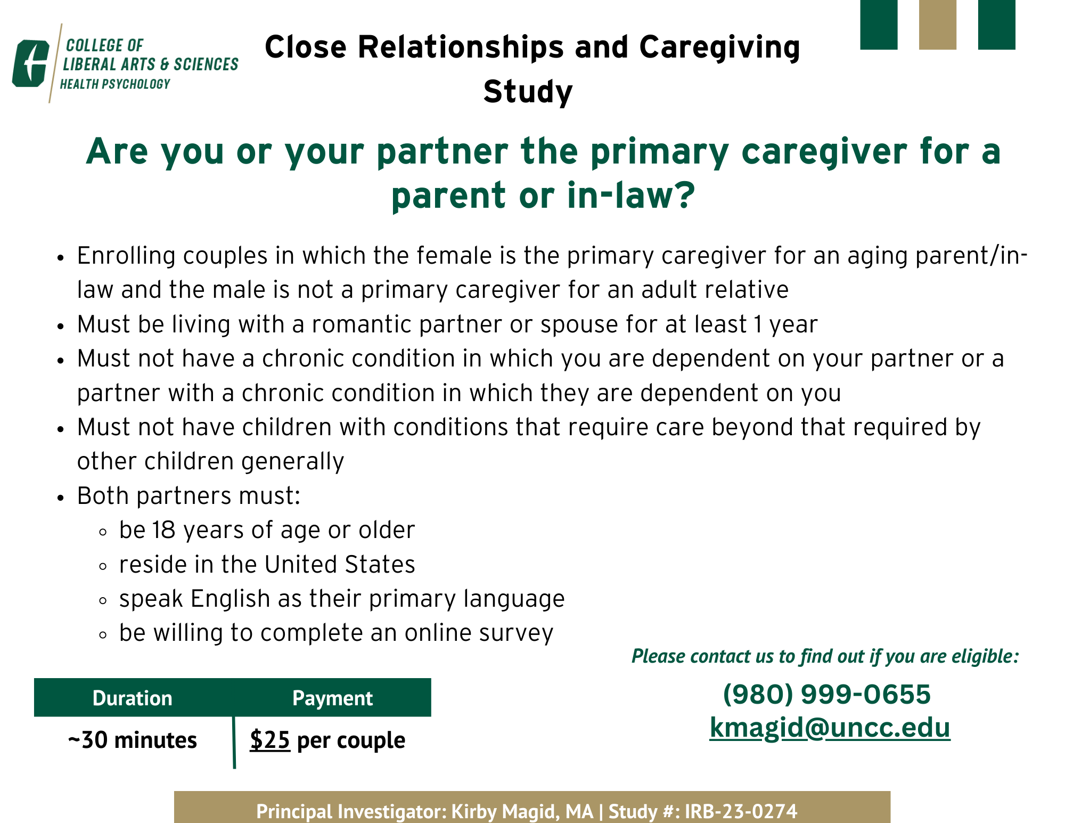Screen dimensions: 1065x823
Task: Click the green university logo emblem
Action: coord(31,63)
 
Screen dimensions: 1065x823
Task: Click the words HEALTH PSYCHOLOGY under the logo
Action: coord(115,84)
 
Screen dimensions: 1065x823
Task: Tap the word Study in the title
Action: coord(528,92)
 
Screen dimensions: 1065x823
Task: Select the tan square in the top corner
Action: coord(938,25)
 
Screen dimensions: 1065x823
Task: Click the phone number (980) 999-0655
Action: coord(827,694)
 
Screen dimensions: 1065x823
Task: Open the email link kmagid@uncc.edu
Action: coord(830,728)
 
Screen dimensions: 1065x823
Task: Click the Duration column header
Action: coord(133,698)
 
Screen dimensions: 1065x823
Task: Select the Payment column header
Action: coord(332,698)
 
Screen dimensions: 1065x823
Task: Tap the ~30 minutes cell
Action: coord(133,740)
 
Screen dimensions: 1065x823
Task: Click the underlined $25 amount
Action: coord(270,740)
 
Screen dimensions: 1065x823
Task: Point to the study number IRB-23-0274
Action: coord(741,811)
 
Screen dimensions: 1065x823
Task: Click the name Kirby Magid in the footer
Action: coord(505,811)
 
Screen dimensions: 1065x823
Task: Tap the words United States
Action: coord(340,565)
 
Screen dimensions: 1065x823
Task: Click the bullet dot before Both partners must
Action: coord(61,498)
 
